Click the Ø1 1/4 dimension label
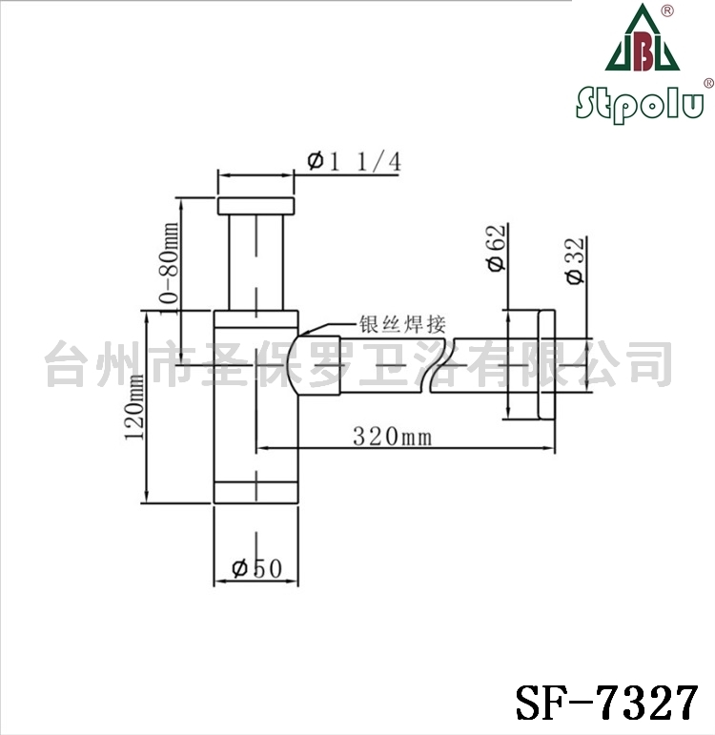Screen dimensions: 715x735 (355, 162)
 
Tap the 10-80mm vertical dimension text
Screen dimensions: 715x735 (169, 268)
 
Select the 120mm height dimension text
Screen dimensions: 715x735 (134, 406)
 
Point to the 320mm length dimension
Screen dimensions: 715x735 (392, 437)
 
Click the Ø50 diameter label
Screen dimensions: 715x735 (257, 568)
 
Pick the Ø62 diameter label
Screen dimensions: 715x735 (497, 248)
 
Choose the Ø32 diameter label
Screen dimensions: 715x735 (575, 260)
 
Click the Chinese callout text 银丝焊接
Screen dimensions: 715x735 (402, 324)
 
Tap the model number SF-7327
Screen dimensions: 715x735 (607, 703)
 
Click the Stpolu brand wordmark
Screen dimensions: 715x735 (640, 104)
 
